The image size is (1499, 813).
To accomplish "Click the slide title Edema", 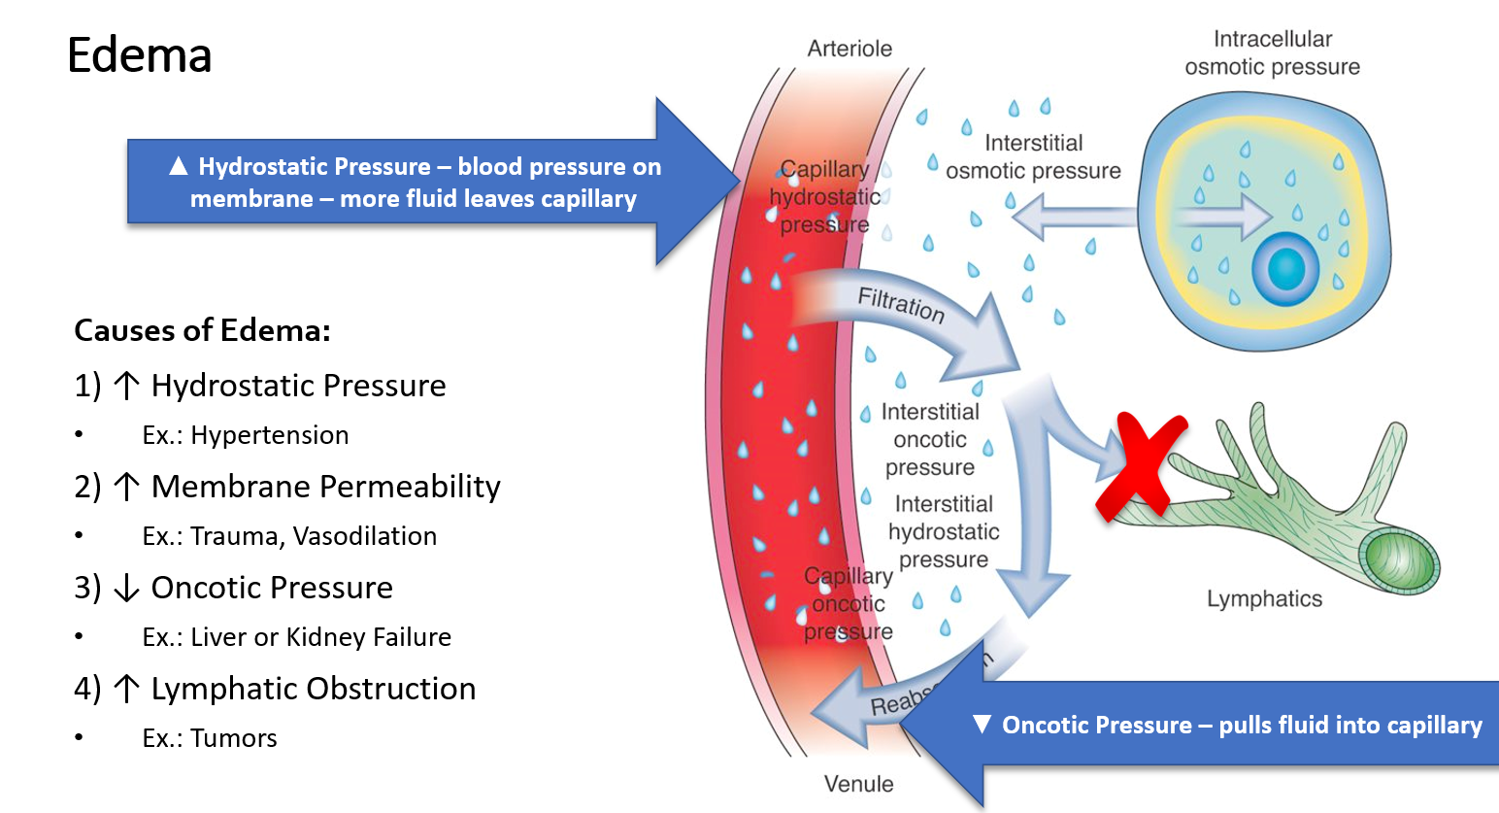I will (139, 55).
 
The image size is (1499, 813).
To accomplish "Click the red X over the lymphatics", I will (1140, 464).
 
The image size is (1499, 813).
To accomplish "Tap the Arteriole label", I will (849, 49).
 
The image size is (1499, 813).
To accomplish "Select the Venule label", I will (858, 784).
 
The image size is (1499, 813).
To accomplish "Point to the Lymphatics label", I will (1264, 599).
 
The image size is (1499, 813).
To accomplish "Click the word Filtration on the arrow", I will (900, 304).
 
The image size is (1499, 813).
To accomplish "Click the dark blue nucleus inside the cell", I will (1285, 269).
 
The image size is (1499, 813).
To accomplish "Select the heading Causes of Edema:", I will (202, 330).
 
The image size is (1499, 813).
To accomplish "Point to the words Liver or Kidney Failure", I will (320, 637).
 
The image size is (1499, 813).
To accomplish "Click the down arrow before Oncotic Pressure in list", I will (126, 589).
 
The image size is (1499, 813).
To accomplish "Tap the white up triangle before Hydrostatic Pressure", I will (178, 166).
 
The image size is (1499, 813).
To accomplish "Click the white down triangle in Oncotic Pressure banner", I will (982, 725).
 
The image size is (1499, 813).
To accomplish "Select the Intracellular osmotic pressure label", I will (1272, 53).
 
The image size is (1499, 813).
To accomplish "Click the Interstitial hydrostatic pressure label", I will (943, 531).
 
